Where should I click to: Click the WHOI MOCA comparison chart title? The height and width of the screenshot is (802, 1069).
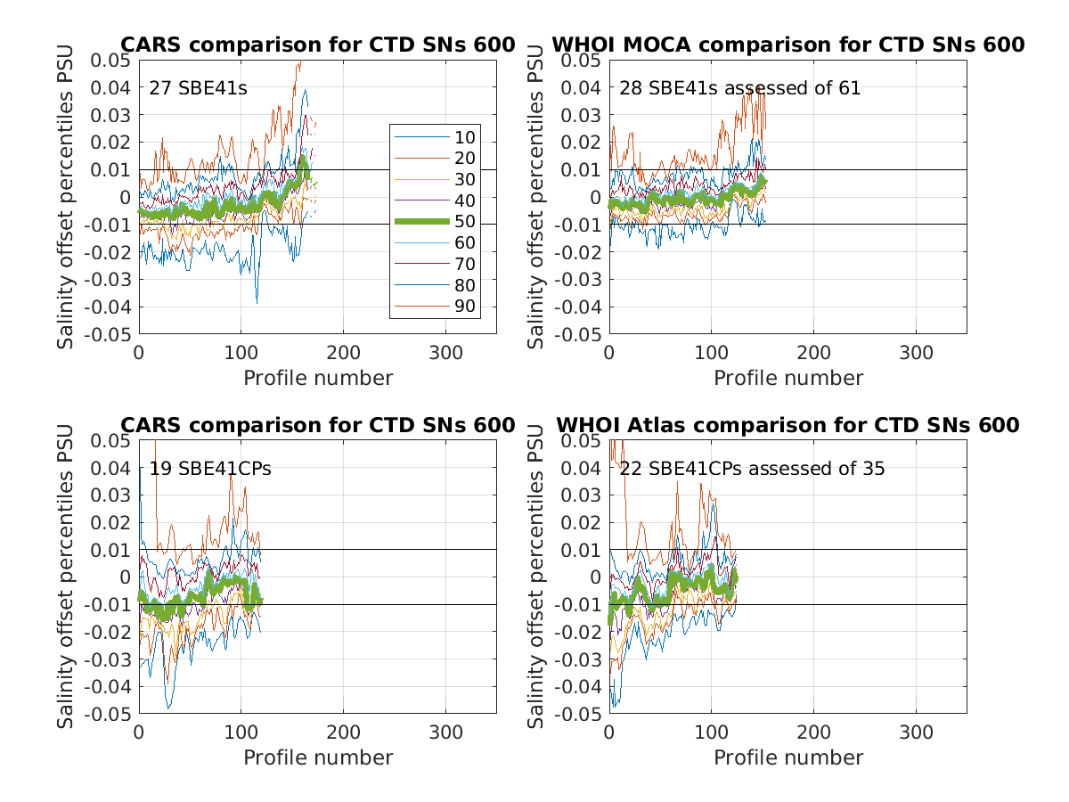(787, 45)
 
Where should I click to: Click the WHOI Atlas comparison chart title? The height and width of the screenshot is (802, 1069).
(787, 425)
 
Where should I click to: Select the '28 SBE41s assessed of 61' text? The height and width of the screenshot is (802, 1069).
(740, 88)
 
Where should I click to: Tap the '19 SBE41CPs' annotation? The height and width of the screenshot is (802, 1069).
(210, 469)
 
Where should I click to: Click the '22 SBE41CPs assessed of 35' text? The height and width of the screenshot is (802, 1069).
(753, 469)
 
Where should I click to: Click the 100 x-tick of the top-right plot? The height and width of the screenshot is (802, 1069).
(711, 352)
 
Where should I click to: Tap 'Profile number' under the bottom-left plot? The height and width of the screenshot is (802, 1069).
(318, 757)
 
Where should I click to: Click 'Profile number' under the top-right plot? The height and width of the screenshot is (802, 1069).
(788, 378)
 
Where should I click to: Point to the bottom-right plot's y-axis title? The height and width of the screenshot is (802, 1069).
(536, 577)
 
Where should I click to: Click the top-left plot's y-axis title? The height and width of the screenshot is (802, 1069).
(66, 196)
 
